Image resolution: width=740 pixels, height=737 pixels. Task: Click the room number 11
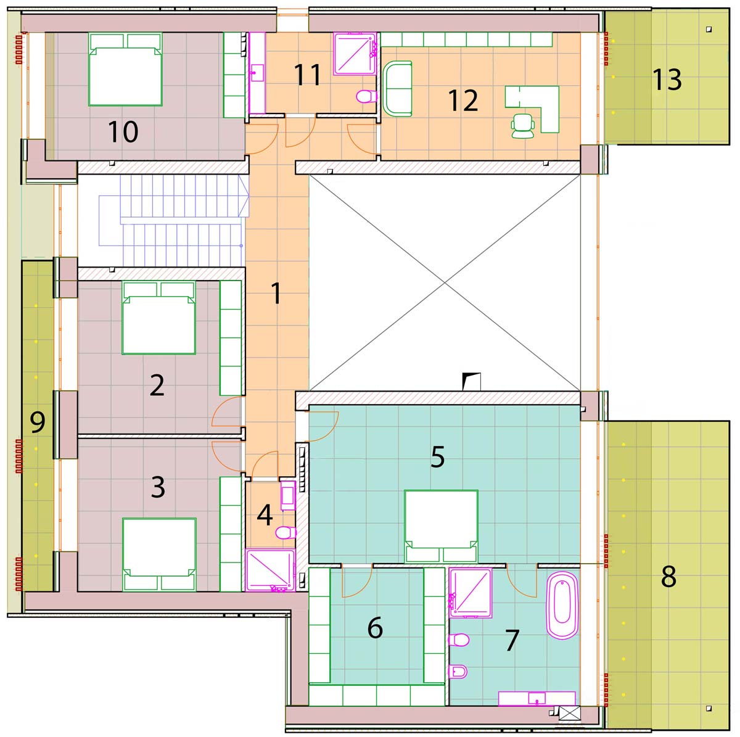point(307,75)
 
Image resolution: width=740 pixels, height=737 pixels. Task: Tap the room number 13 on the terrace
point(667,80)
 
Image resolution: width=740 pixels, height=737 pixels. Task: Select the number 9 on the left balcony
point(38,422)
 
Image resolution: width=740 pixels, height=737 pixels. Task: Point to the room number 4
point(265,515)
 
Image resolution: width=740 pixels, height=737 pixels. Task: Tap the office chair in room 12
point(523,125)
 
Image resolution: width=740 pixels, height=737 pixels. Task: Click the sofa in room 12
point(398,88)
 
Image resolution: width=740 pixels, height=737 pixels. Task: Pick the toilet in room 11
point(366,96)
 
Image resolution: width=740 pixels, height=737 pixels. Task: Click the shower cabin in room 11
point(355,54)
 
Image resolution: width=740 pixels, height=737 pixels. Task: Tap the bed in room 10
point(125,69)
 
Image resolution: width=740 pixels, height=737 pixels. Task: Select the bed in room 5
point(441,526)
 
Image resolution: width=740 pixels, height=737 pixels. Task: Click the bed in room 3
point(159,554)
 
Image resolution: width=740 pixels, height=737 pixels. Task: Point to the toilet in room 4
point(286,532)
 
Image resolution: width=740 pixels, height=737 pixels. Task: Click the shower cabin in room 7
point(471,593)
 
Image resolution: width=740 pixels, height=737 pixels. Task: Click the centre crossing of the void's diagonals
point(445,282)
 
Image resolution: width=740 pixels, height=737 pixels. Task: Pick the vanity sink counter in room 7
point(537,698)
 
